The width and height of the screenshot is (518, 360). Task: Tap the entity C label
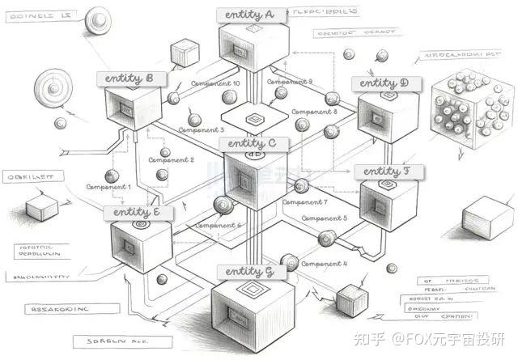[x=253, y=143]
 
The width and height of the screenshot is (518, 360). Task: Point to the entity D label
[x=380, y=83]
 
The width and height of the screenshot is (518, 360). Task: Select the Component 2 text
[x=171, y=159]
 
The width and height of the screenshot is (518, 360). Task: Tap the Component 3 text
[x=201, y=129]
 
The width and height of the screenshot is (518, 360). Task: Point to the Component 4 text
[x=324, y=264]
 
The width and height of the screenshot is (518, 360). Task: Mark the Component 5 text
[x=324, y=218]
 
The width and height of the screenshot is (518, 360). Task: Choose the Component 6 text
[x=217, y=225]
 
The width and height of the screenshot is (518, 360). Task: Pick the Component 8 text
[x=312, y=112]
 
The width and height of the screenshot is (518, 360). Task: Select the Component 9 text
[x=289, y=82]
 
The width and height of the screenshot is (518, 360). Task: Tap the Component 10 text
[x=214, y=83]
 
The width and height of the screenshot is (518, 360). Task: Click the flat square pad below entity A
[x=255, y=117]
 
